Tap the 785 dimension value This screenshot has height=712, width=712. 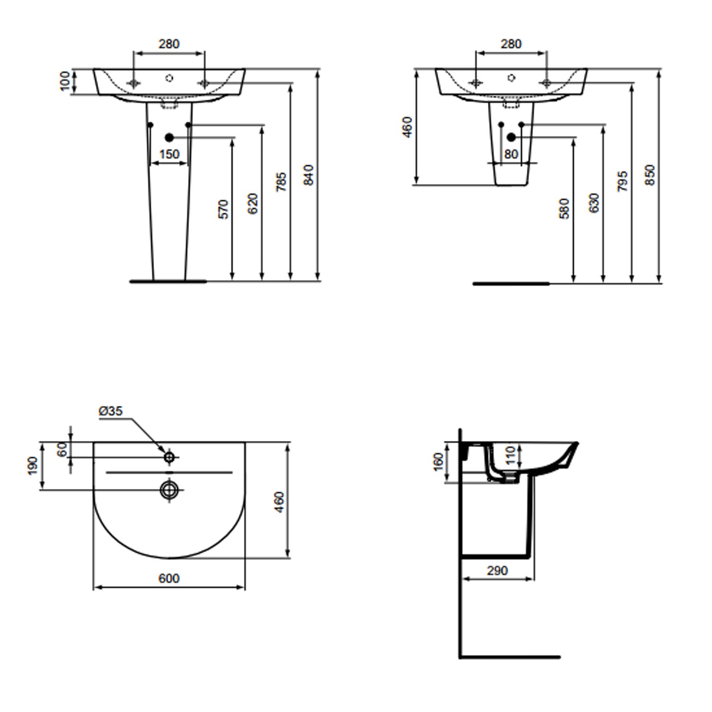point(281,182)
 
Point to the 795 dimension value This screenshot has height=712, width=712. point(622,181)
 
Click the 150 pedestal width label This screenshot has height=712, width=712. point(169,154)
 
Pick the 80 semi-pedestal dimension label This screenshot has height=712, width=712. point(511,154)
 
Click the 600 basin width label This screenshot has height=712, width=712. point(169,578)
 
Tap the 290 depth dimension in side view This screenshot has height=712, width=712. point(497,571)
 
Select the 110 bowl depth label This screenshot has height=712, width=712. point(510,455)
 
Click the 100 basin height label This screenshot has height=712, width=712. point(66,81)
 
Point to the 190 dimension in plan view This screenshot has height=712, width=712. point(33,466)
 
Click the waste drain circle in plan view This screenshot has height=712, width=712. point(169,489)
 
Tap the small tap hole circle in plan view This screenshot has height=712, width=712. point(169,457)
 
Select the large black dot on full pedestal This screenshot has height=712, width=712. point(169,138)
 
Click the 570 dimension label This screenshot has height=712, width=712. point(223,209)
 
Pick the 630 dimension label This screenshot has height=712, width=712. point(593,203)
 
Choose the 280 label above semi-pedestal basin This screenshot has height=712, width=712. point(511,44)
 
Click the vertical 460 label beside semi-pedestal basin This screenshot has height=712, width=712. point(407,127)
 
